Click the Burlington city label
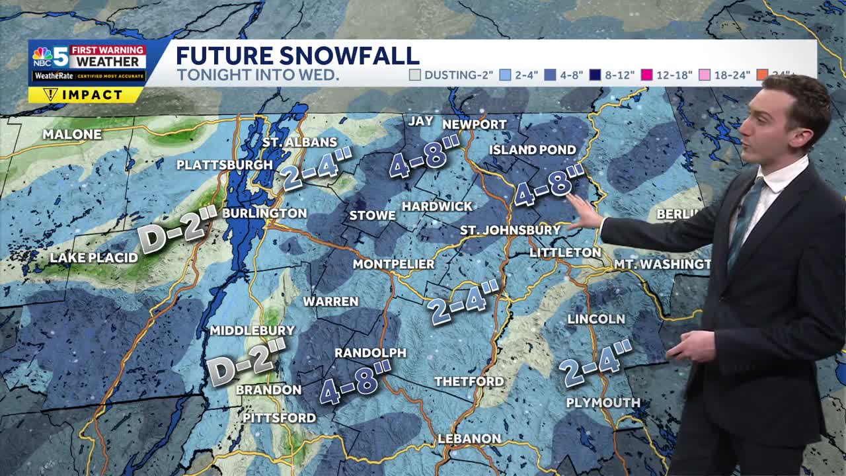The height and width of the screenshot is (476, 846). [x=264, y=214]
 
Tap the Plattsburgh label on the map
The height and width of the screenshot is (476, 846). [x=225, y=165]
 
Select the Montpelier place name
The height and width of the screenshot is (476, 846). [x=393, y=264]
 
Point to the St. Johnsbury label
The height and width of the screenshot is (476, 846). [x=510, y=230]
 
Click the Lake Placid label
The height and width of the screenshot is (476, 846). [x=94, y=258]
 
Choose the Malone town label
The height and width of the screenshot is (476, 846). [x=72, y=135]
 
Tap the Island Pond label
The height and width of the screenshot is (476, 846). [x=533, y=150]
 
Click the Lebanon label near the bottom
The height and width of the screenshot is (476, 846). [x=469, y=439]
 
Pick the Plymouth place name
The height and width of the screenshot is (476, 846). [x=603, y=403]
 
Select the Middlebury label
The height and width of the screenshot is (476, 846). [x=252, y=331]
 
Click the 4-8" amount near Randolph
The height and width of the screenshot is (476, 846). [x=356, y=382]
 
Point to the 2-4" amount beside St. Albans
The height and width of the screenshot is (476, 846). [x=315, y=168]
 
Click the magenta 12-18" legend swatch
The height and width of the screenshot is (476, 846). [x=646, y=75]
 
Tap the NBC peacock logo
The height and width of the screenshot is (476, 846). [x=42, y=56]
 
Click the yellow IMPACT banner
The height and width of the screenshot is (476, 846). [x=86, y=95]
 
